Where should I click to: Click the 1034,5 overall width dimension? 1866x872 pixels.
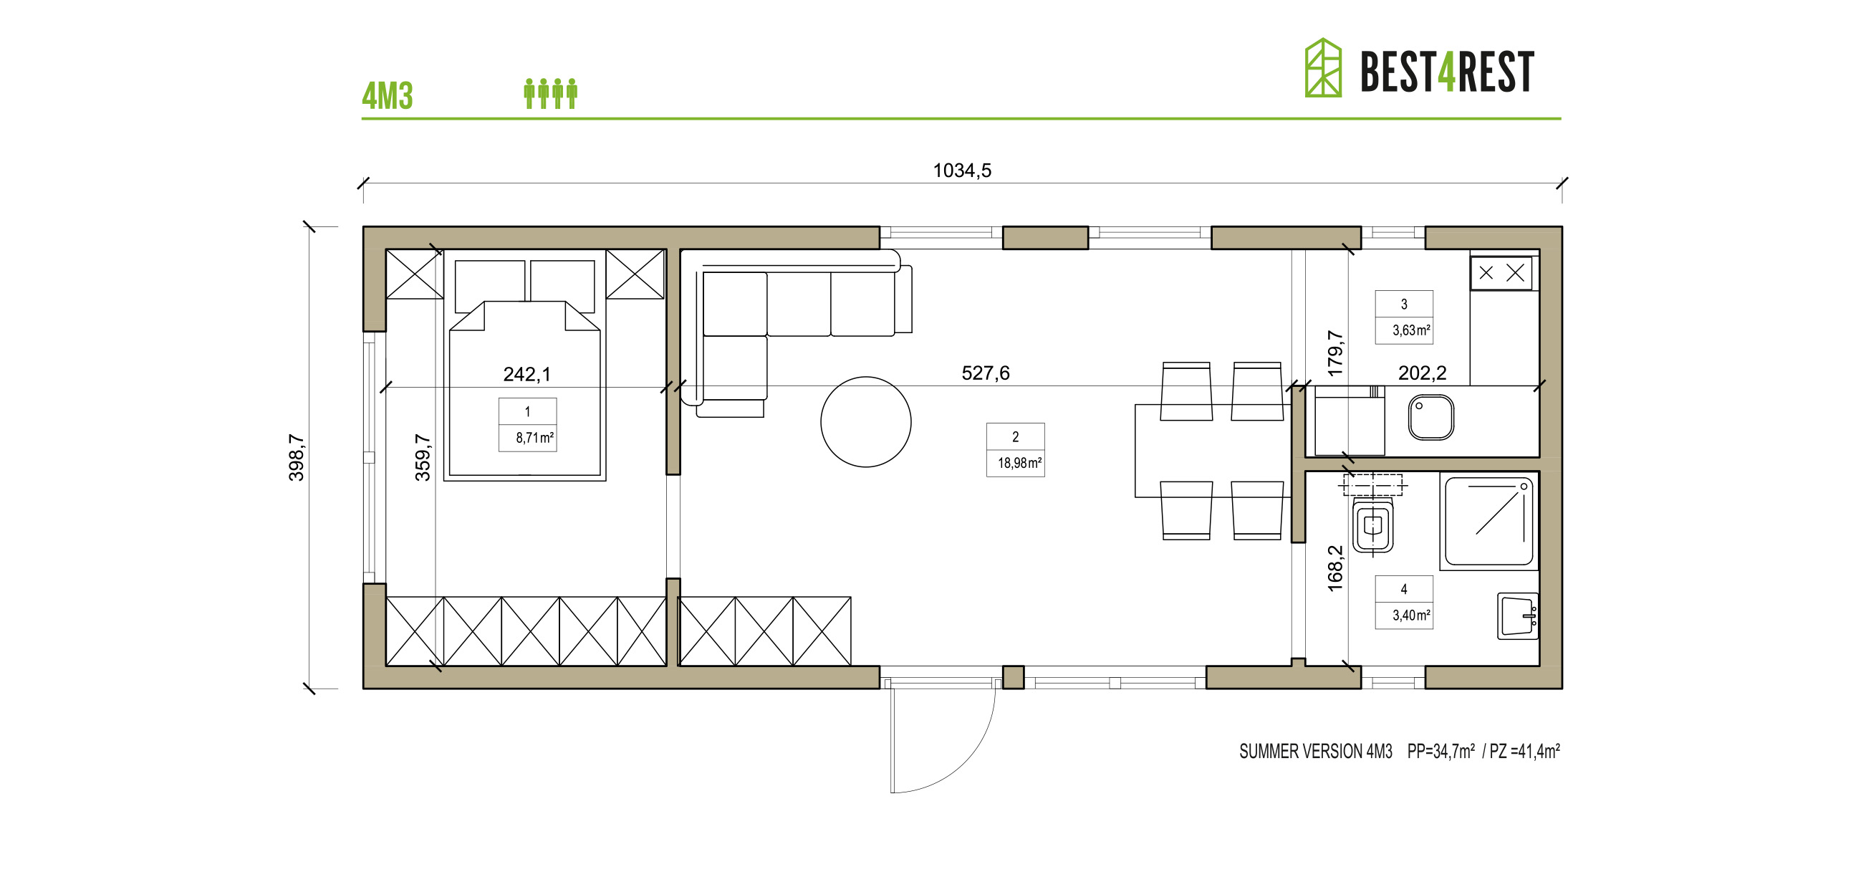click(961, 171)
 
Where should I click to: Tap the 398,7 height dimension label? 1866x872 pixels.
click(297, 456)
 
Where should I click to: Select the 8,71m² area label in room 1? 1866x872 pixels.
click(534, 438)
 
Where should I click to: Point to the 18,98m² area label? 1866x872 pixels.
click(1019, 462)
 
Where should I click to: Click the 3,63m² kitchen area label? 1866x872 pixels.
click(1410, 330)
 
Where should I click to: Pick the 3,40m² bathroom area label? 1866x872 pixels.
click(1410, 615)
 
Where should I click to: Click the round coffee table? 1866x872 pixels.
click(865, 422)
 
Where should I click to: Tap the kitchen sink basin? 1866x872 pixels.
click(1430, 417)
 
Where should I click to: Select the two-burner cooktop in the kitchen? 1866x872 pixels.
click(1501, 273)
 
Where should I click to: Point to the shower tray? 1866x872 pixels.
click(1489, 521)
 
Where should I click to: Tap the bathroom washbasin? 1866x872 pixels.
click(1518, 616)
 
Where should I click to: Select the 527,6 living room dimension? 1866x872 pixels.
click(985, 373)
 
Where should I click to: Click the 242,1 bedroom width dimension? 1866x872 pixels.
click(526, 374)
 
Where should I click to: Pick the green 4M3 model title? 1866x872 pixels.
click(388, 96)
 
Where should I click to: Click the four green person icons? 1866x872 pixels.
click(551, 94)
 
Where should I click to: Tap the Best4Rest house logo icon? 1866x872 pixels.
click(1323, 67)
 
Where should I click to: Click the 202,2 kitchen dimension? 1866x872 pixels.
click(1422, 373)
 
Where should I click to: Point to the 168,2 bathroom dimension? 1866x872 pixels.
click(1335, 568)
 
